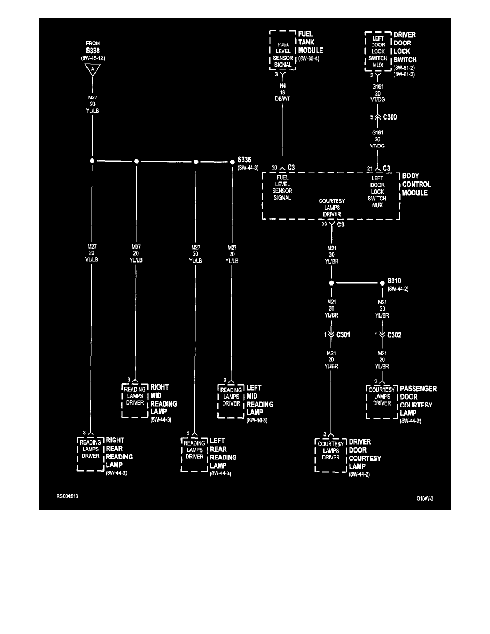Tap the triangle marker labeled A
(x=92, y=69)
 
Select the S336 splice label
(x=245, y=160)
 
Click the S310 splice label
(x=394, y=281)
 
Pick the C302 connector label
(x=394, y=335)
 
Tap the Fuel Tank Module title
(x=311, y=43)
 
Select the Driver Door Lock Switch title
(x=405, y=47)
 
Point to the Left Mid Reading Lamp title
(x=259, y=400)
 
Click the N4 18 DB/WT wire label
(x=282, y=92)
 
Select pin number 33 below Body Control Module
(x=324, y=224)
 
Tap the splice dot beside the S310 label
(x=382, y=283)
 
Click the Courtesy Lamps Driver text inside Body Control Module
(x=331, y=208)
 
